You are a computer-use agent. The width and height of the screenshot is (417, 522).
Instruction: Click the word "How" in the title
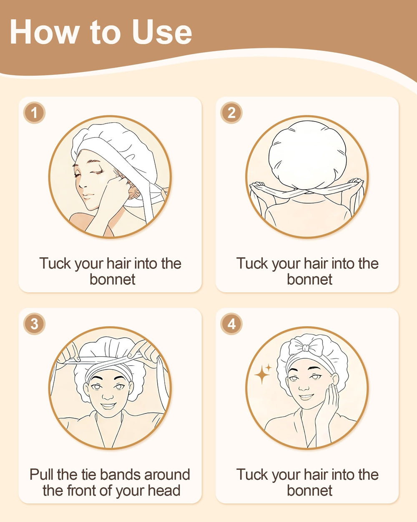click(45, 32)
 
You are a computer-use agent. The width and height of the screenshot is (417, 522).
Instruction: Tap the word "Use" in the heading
click(162, 32)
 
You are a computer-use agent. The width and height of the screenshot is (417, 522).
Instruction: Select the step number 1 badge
click(34, 113)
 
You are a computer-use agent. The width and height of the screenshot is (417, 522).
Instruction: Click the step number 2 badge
click(231, 113)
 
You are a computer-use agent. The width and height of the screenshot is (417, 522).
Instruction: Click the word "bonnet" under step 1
click(113, 279)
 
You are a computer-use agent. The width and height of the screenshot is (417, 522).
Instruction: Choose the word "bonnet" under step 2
click(309, 279)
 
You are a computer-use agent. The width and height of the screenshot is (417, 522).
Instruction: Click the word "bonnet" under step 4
click(309, 490)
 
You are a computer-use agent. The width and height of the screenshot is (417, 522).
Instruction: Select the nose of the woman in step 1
click(82, 183)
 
